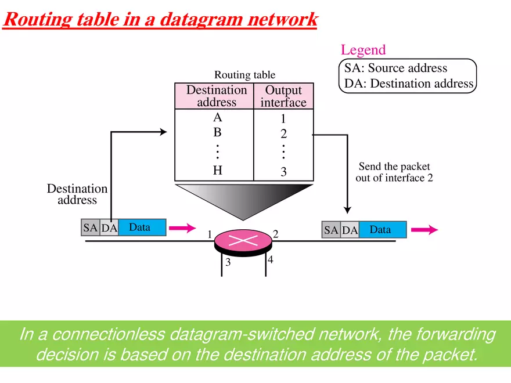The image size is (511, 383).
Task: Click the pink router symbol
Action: point(243,240)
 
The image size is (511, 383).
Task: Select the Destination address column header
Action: point(216,96)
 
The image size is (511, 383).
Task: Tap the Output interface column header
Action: point(283,96)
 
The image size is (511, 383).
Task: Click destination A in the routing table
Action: point(217,117)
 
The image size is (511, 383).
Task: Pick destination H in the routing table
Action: point(217,171)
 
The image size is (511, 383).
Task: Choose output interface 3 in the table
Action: point(283,172)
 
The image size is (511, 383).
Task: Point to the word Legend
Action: point(363,50)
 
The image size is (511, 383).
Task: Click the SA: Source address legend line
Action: point(396,68)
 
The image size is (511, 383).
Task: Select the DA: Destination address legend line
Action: point(409,84)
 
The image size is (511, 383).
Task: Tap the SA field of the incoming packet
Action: point(90,228)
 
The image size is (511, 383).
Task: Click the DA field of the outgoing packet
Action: point(350,230)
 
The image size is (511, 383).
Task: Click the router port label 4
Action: point(270,260)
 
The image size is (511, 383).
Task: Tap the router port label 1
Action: point(209,234)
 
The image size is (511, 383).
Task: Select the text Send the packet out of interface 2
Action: point(394,172)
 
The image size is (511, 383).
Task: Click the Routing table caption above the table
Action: point(244,75)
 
